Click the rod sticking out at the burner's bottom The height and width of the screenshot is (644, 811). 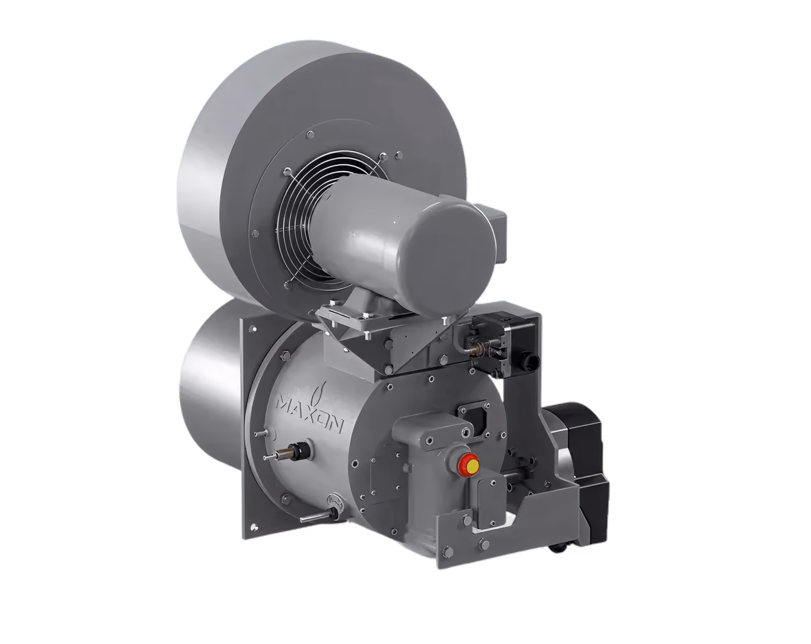(x=318, y=517)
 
